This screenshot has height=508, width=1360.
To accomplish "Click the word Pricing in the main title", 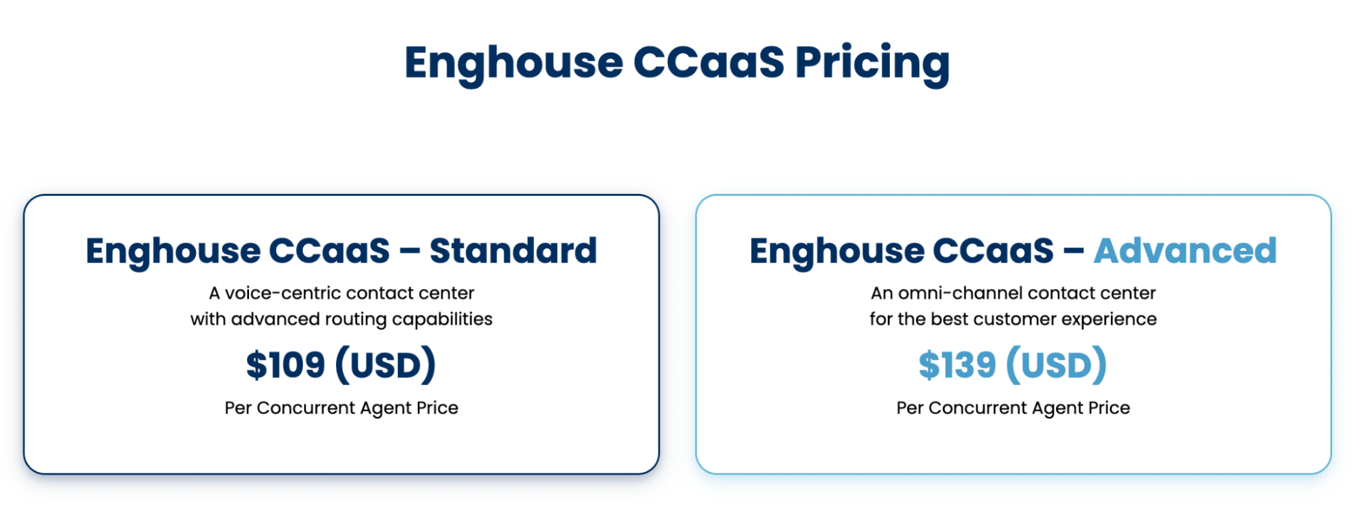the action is (872, 63).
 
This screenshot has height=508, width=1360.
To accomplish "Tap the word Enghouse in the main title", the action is (514, 63).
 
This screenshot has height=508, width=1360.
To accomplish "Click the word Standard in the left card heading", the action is (513, 250).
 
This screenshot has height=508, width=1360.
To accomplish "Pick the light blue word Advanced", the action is (1185, 250).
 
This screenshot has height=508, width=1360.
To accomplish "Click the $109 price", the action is (285, 365).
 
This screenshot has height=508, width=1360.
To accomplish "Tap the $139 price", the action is (957, 365).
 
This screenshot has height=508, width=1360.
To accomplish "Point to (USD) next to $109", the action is (385, 365).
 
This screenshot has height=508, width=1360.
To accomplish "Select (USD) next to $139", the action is (1057, 365).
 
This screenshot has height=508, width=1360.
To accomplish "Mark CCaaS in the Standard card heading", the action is (329, 250).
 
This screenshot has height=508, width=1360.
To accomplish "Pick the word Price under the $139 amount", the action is (1109, 408).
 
